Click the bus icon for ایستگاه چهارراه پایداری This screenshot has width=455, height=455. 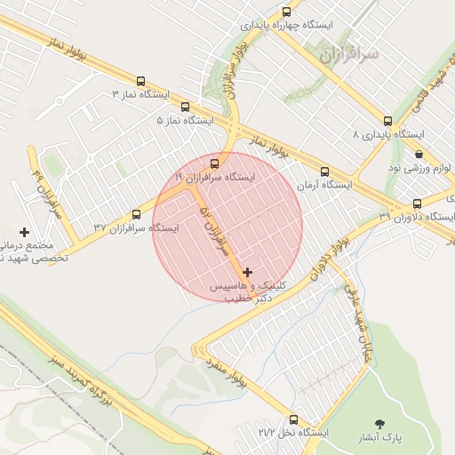(285, 12)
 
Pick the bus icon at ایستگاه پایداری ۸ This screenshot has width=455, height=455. (387, 122)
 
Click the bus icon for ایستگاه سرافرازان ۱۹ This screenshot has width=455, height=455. (214, 164)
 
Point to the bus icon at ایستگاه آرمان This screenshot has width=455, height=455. (324, 172)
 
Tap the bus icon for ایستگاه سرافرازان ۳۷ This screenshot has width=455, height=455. (136, 214)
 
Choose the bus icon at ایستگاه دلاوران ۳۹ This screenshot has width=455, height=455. (417, 204)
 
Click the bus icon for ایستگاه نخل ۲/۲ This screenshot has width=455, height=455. (294, 418)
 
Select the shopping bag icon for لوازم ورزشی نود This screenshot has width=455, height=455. (419, 154)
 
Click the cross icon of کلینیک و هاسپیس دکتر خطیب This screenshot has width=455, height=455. (246, 271)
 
